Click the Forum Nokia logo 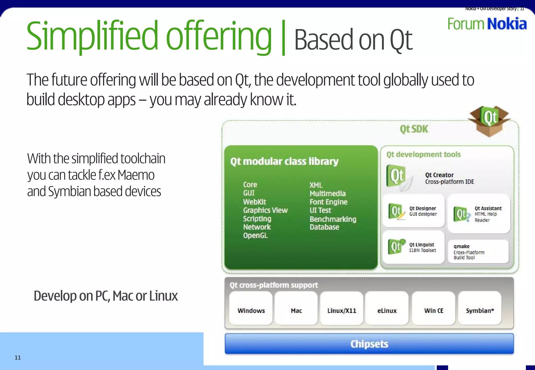487,24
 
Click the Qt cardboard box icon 489,121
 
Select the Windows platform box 251,308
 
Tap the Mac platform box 296,308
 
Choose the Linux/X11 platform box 342,308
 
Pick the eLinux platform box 387,308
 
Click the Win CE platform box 434,308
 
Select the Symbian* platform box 480,308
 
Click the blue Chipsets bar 369,344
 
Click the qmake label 461,246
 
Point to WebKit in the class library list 254,202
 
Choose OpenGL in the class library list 255,235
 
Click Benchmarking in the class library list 333,219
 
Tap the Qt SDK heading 414,129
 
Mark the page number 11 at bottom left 18,357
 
